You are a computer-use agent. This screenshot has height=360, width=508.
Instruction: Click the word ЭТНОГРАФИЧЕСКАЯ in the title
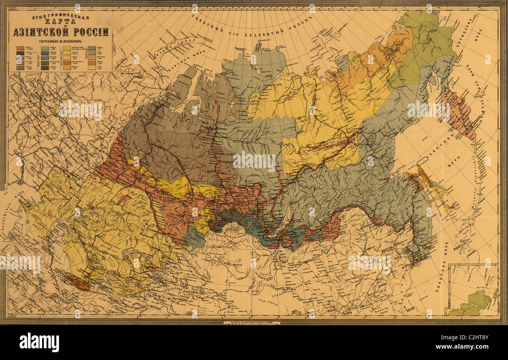point(61,18)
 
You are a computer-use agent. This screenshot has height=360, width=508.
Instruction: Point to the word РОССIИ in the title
point(90,32)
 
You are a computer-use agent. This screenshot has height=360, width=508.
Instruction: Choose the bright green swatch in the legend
point(45,62)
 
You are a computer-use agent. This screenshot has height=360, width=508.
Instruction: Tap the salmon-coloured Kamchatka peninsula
point(459,113)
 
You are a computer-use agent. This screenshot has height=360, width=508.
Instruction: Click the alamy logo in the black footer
point(39,342)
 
